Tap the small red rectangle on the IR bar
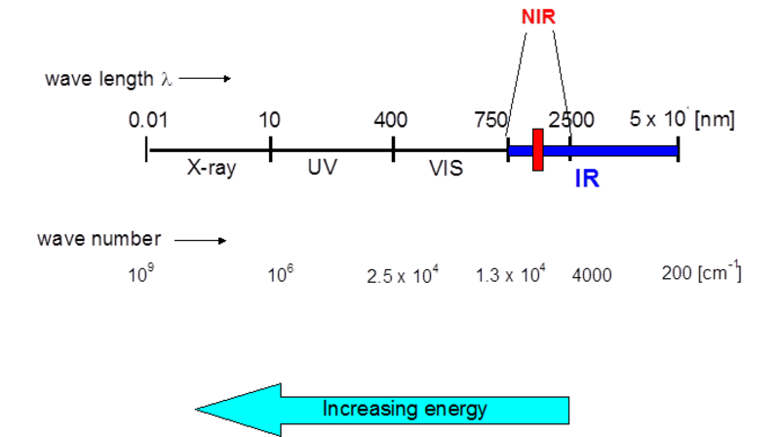pyautogui.click(x=537, y=150)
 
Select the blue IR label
pyautogui.click(x=586, y=179)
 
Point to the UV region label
pyautogui.click(x=322, y=167)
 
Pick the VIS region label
pyautogui.click(x=446, y=168)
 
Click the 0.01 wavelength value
pyautogui.click(x=148, y=121)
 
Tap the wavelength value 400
pyautogui.click(x=390, y=121)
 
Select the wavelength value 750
pyautogui.click(x=490, y=121)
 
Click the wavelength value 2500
pyautogui.click(x=572, y=121)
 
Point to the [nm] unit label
pyautogui.click(x=715, y=120)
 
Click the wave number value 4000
pyautogui.click(x=592, y=276)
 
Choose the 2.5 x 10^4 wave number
pyautogui.click(x=403, y=275)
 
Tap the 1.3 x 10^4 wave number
pyautogui.click(x=509, y=275)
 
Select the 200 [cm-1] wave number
pyautogui.click(x=701, y=273)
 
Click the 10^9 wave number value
pyautogui.click(x=140, y=274)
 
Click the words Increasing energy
pyautogui.click(x=405, y=409)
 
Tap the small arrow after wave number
pyautogui.click(x=201, y=240)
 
